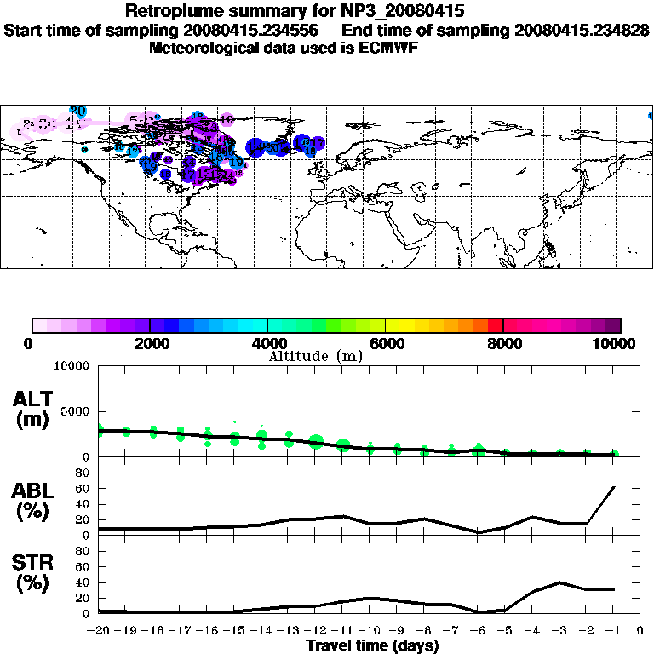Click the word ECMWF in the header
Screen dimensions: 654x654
[390, 48]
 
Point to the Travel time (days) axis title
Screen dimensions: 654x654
[372, 646]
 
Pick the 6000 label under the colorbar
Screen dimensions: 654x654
[386, 343]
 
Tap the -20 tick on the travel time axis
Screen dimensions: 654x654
[99, 631]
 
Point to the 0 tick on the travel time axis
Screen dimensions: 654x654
[640, 631]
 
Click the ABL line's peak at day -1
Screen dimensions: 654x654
[614, 487]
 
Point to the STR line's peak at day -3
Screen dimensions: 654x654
[559, 582]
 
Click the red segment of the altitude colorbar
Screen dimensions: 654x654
[495, 324]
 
